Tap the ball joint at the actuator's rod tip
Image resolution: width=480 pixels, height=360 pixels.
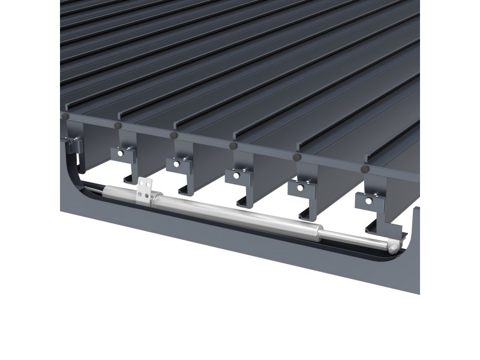[392, 248]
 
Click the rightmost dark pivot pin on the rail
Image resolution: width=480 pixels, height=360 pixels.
[364, 169]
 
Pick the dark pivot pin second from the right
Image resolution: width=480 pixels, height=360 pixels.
[296, 157]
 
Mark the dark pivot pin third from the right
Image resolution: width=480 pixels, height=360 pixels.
[233, 146]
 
